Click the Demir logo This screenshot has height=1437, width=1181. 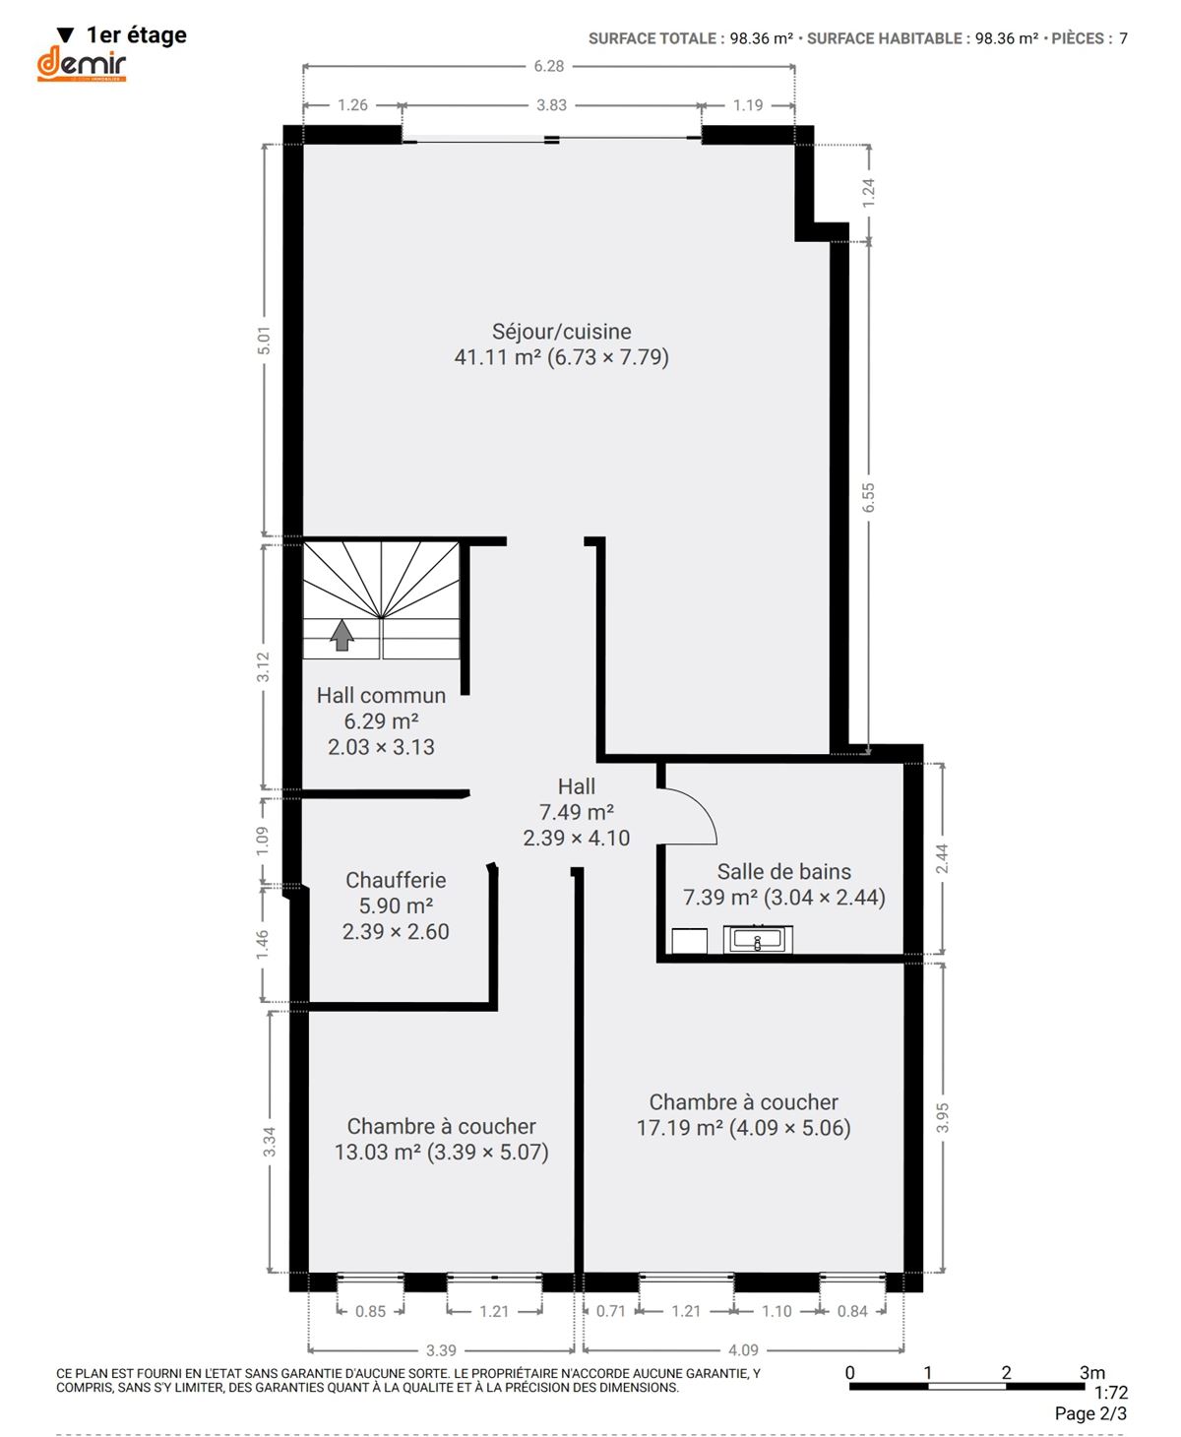(x=82, y=64)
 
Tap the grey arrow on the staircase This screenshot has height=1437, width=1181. (x=342, y=635)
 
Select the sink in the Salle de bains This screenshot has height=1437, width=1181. (x=757, y=939)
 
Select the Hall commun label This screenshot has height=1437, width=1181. (x=381, y=695)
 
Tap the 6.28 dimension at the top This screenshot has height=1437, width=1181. (x=548, y=66)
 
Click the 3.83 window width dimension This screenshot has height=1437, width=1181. (x=551, y=105)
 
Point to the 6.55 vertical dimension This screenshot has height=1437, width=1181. (x=868, y=498)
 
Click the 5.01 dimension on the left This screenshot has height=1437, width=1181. (x=264, y=341)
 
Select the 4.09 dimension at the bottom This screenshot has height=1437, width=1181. (x=743, y=1349)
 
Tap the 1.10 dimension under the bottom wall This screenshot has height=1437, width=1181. (x=777, y=1311)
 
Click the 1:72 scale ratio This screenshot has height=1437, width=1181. (x=1111, y=1393)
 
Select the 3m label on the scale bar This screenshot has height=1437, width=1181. (x=1091, y=1373)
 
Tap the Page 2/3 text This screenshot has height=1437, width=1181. (x=1090, y=1413)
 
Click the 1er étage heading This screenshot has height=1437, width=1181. (x=136, y=34)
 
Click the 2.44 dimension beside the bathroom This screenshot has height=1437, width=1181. (x=941, y=859)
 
